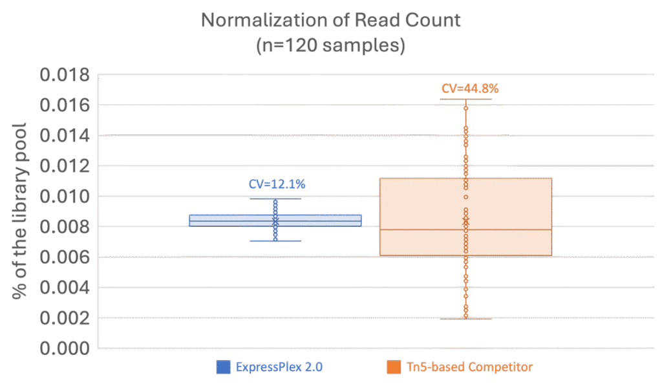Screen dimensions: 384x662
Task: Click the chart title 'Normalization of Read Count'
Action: [330, 20]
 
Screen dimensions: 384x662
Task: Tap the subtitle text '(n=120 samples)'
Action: [330, 47]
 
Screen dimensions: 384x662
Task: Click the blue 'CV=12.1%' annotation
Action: [277, 184]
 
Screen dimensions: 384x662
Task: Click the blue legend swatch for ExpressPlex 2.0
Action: [223, 367]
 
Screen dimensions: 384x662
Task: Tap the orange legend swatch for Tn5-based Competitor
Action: [392, 367]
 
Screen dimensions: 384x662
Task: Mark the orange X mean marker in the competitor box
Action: [465, 221]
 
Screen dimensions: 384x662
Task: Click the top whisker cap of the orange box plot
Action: [465, 100]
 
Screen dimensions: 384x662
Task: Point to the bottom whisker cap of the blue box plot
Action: [275, 241]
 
